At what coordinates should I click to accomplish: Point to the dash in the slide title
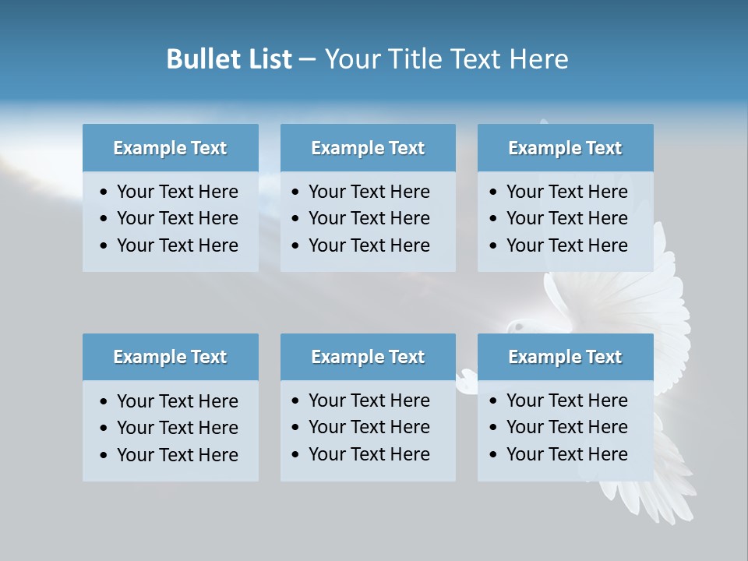(307, 59)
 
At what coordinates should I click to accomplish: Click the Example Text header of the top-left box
(170, 148)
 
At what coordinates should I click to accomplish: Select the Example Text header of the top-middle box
(368, 148)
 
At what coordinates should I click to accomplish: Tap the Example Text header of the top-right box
(565, 148)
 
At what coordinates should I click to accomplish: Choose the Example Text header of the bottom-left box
(170, 357)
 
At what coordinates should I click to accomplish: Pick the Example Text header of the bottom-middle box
(368, 357)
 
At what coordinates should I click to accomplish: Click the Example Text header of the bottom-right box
(565, 357)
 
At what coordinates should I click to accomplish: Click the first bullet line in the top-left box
(177, 192)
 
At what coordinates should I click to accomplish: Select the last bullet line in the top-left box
(177, 245)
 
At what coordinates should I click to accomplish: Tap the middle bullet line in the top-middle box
(369, 218)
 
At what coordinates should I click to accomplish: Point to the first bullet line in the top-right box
(566, 192)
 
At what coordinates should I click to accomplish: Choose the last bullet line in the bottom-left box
(177, 455)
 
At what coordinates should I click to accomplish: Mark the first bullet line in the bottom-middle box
(369, 400)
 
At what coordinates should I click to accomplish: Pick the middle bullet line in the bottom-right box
(566, 427)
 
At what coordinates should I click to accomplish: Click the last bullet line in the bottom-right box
(566, 454)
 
